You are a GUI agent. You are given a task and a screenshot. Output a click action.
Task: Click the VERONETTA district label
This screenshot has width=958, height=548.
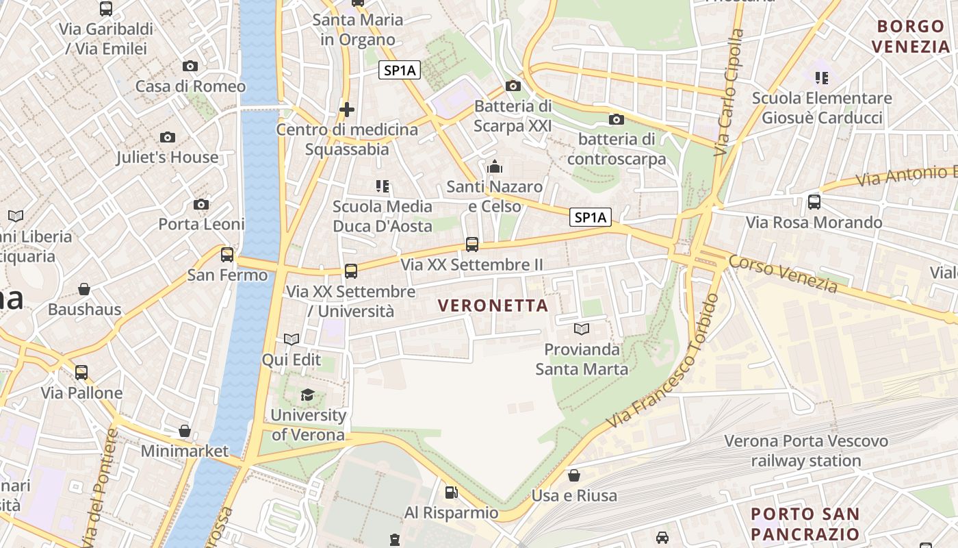(x=493, y=306)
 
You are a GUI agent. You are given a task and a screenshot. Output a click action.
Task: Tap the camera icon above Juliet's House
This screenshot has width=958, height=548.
(x=168, y=138)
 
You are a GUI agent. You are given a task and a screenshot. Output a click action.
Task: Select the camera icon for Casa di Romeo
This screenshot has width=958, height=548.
(x=190, y=66)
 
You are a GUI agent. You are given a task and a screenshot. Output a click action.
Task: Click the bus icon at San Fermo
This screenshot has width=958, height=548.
(x=227, y=255)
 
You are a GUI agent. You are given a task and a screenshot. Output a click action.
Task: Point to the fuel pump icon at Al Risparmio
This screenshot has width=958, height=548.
(x=451, y=492)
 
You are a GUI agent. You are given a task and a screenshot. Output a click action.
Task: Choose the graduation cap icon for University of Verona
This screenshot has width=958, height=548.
(x=307, y=395)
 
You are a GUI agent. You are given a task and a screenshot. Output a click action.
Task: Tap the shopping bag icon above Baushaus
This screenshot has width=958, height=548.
(x=84, y=289)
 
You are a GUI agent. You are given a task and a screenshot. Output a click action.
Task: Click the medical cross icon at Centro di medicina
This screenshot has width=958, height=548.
(x=347, y=110)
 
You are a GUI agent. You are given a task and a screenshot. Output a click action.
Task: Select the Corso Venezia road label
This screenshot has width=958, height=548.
(x=783, y=274)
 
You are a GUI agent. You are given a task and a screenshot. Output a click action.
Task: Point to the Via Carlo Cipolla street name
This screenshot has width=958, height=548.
(x=728, y=92)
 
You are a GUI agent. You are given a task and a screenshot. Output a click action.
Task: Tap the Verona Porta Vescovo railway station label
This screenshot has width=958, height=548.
(x=806, y=451)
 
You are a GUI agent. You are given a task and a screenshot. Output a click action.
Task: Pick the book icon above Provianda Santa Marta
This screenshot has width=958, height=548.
(x=582, y=329)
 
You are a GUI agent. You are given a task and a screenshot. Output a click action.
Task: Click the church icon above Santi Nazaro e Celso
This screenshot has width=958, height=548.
(x=494, y=166)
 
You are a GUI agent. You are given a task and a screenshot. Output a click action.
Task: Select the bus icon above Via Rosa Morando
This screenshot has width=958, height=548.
(x=814, y=202)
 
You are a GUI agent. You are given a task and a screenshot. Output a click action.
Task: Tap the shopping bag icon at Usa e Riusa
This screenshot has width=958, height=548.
(x=574, y=475)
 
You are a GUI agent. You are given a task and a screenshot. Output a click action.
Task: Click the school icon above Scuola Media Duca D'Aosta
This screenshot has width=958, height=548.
(x=383, y=186)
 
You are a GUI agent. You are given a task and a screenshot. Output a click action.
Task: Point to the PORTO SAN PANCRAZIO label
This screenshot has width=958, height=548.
(x=805, y=524)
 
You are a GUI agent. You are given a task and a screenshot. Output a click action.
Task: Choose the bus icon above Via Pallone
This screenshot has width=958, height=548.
(x=81, y=373)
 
